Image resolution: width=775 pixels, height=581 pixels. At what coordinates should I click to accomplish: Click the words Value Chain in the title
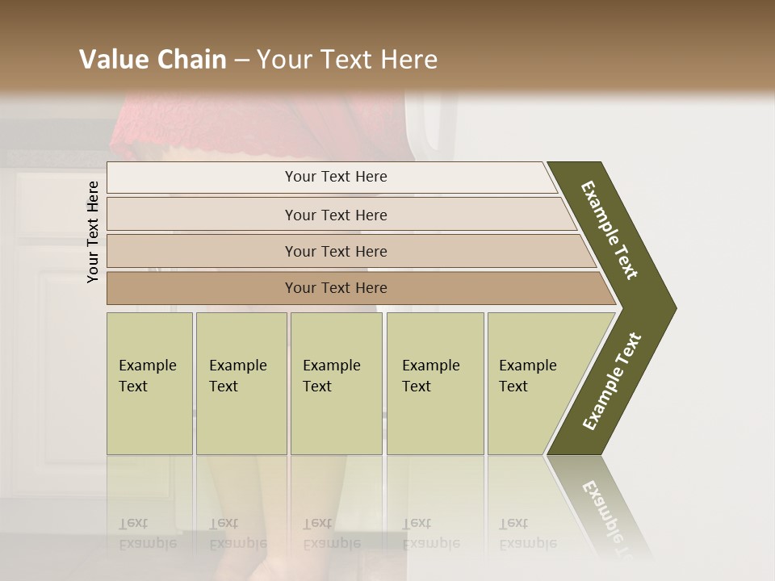click(x=153, y=60)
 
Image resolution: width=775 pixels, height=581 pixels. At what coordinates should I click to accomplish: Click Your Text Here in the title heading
click(x=347, y=60)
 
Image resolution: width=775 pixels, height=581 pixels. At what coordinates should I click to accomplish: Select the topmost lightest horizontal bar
click(x=335, y=177)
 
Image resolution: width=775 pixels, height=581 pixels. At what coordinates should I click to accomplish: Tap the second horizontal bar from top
click(x=335, y=215)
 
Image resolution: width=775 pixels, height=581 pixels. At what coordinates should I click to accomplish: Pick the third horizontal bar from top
click(x=335, y=251)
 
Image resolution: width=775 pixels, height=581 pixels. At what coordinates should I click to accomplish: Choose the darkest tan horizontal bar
click(x=335, y=288)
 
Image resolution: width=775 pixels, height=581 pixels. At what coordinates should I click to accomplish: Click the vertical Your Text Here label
click(x=93, y=232)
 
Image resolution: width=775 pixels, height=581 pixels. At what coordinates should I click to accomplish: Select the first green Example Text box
click(x=149, y=383)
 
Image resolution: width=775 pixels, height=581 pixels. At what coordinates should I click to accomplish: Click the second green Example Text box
click(x=241, y=383)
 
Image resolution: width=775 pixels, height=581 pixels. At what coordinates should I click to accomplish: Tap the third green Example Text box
click(x=336, y=383)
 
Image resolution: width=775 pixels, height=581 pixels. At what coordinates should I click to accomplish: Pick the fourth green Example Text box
click(x=434, y=383)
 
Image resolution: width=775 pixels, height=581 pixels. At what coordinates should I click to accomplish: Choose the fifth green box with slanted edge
click(x=533, y=383)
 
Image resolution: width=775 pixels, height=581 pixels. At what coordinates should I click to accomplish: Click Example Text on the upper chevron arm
click(x=609, y=230)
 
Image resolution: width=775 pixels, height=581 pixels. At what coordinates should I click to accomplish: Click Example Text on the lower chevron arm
click(x=612, y=381)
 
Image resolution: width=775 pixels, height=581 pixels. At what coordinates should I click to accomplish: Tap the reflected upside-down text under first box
click(x=148, y=533)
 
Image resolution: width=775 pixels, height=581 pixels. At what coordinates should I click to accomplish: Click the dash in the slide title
click(x=241, y=61)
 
